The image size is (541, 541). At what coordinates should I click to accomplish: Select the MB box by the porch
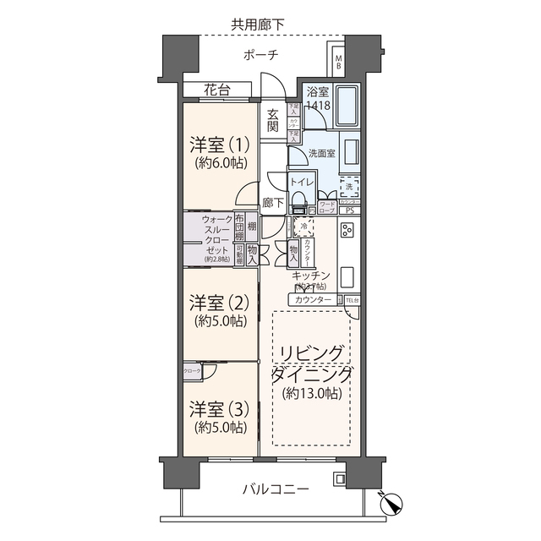click(x=337, y=61)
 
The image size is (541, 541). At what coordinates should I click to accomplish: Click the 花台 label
click(x=216, y=90)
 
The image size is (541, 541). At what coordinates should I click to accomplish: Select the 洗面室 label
click(x=322, y=154)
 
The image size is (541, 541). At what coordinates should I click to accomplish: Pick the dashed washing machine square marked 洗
click(x=350, y=187)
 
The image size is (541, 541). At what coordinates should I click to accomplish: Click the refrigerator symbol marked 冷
click(x=303, y=227)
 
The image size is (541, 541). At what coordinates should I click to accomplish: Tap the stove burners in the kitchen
click(x=347, y=230)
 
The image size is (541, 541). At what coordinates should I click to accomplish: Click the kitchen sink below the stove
click(x=347, y=277)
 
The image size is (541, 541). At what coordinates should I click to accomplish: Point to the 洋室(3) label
click(x=217, y=409)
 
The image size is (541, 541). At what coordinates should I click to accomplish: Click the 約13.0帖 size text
click(x=311, y=394)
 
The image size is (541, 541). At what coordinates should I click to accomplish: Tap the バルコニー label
click(x=276, y=489)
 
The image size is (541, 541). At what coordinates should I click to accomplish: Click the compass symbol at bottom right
click(x=391, y=503)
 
